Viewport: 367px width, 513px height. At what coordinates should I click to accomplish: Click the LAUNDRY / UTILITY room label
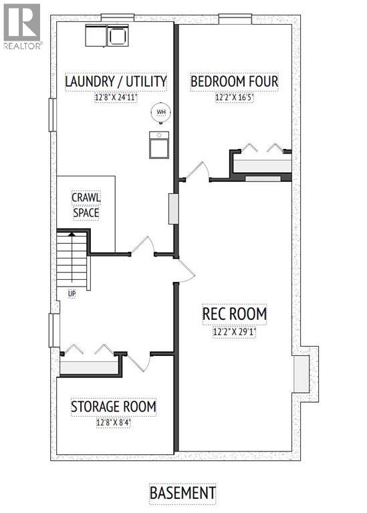(x=115, y=82)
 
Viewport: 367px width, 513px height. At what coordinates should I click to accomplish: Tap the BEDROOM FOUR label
(x=234, y=82)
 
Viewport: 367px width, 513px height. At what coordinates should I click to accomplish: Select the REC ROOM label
(x=235, y=313)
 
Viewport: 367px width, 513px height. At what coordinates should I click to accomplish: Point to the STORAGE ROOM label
(x=114, y=406)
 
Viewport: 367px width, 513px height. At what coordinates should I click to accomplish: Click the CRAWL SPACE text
(x=86, y=205)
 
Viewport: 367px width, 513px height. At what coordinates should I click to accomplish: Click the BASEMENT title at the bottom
(x=182, y=493)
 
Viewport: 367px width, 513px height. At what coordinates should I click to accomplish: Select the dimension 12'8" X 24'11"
(x=115, y=98)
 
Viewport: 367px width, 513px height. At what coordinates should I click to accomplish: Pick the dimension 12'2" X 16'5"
(x=234, y=98)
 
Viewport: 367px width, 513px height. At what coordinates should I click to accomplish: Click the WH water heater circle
(x=160, y=113)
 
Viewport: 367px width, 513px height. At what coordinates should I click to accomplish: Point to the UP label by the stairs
(x=71, y=293)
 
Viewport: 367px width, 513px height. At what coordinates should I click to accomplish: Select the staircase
(x=72, y=259)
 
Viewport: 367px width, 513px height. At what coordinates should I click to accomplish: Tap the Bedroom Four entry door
(x=198, y=171)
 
